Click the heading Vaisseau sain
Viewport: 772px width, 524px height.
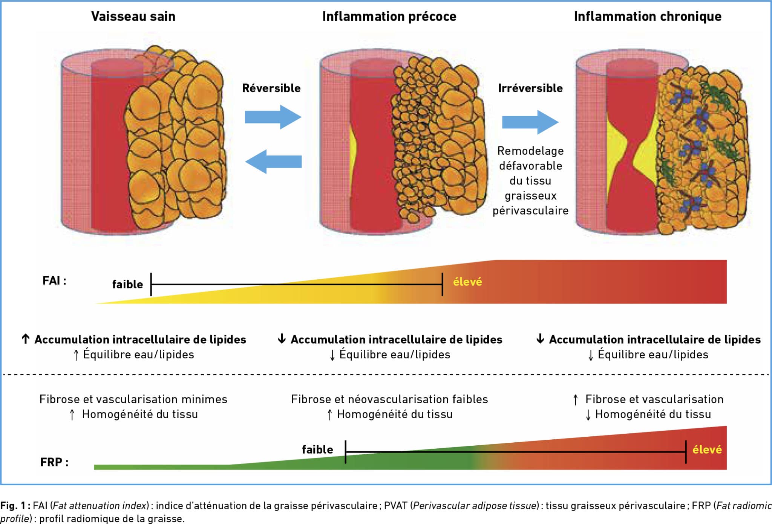point(133,17)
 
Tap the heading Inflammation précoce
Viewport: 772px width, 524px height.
point(389,17)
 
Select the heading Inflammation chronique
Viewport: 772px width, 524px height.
point(648,17)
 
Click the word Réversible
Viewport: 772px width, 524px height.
point(271,88)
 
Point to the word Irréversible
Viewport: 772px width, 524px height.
point(530,88)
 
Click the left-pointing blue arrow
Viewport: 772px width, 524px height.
point(274,161)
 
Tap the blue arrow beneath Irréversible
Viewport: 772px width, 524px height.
point(530,122)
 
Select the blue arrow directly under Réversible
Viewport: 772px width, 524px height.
point(274,117)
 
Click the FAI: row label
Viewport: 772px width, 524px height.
point(54,281)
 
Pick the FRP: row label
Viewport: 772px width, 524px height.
point(54,462)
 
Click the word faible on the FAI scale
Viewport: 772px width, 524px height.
point(127,284)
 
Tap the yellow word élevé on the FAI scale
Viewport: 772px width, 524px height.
point(467,282)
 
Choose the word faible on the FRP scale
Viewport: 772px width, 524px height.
point(317,449)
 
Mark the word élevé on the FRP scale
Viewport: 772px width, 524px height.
point(707,449)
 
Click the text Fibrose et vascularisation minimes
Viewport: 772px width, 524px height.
point(133,399)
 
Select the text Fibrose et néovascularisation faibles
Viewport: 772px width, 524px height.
point(389,399)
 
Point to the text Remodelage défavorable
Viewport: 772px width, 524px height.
point(530,158)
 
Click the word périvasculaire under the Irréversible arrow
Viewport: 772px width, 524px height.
point(530,210)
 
